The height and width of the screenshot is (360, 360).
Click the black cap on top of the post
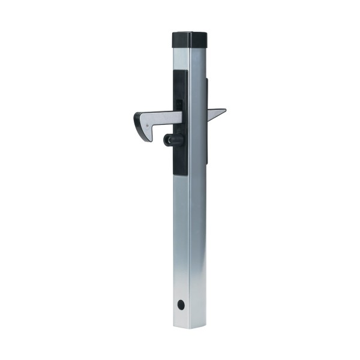pos(190,41)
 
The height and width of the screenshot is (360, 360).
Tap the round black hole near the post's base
pos(181,305)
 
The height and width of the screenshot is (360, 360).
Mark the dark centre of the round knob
pos(167,140)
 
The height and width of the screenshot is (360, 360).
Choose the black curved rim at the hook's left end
pos(136,120)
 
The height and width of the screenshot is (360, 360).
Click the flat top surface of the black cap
pos(191,35)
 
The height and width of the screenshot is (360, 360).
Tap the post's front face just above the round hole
pos(181,288)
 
